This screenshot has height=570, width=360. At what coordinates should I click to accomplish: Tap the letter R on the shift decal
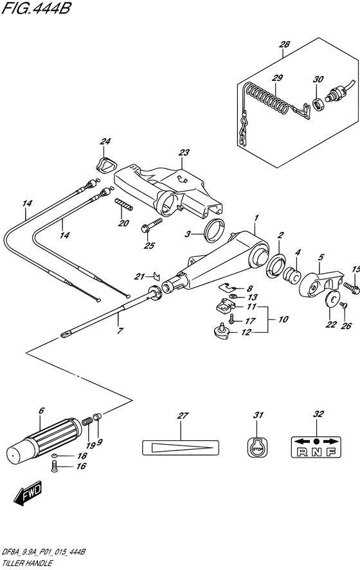pyautogui.click(x=302, y=452)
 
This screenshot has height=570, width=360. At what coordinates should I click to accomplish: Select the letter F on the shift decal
pyautogui.click(x=330, y=452)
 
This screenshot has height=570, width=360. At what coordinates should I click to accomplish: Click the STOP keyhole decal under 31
pyautogui.click(x=257, y=447)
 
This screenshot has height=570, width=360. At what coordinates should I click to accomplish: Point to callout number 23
pyautogui.click(x=184, y=152)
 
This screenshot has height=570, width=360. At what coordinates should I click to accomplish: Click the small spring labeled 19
pyautogui.click(x=87, y=422)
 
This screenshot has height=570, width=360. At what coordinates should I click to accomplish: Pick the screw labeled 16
pyautogui.click(x=55, y=466)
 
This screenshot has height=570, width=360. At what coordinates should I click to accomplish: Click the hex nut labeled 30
pyautogui.click(x=319, y=104)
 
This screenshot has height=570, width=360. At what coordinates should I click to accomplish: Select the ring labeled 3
pyautogui.click(x=213, y=231)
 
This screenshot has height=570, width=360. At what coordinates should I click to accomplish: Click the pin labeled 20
pyautogui.click(x=124, y=204)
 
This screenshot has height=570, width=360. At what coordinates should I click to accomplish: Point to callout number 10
pyautogui.click(x=283, y=319)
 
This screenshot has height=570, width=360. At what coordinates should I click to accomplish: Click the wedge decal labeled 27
pyautogui.click(x=181, y=447)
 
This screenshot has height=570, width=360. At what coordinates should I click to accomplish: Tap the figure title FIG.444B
pyautogui.click(x=35, y=8)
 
